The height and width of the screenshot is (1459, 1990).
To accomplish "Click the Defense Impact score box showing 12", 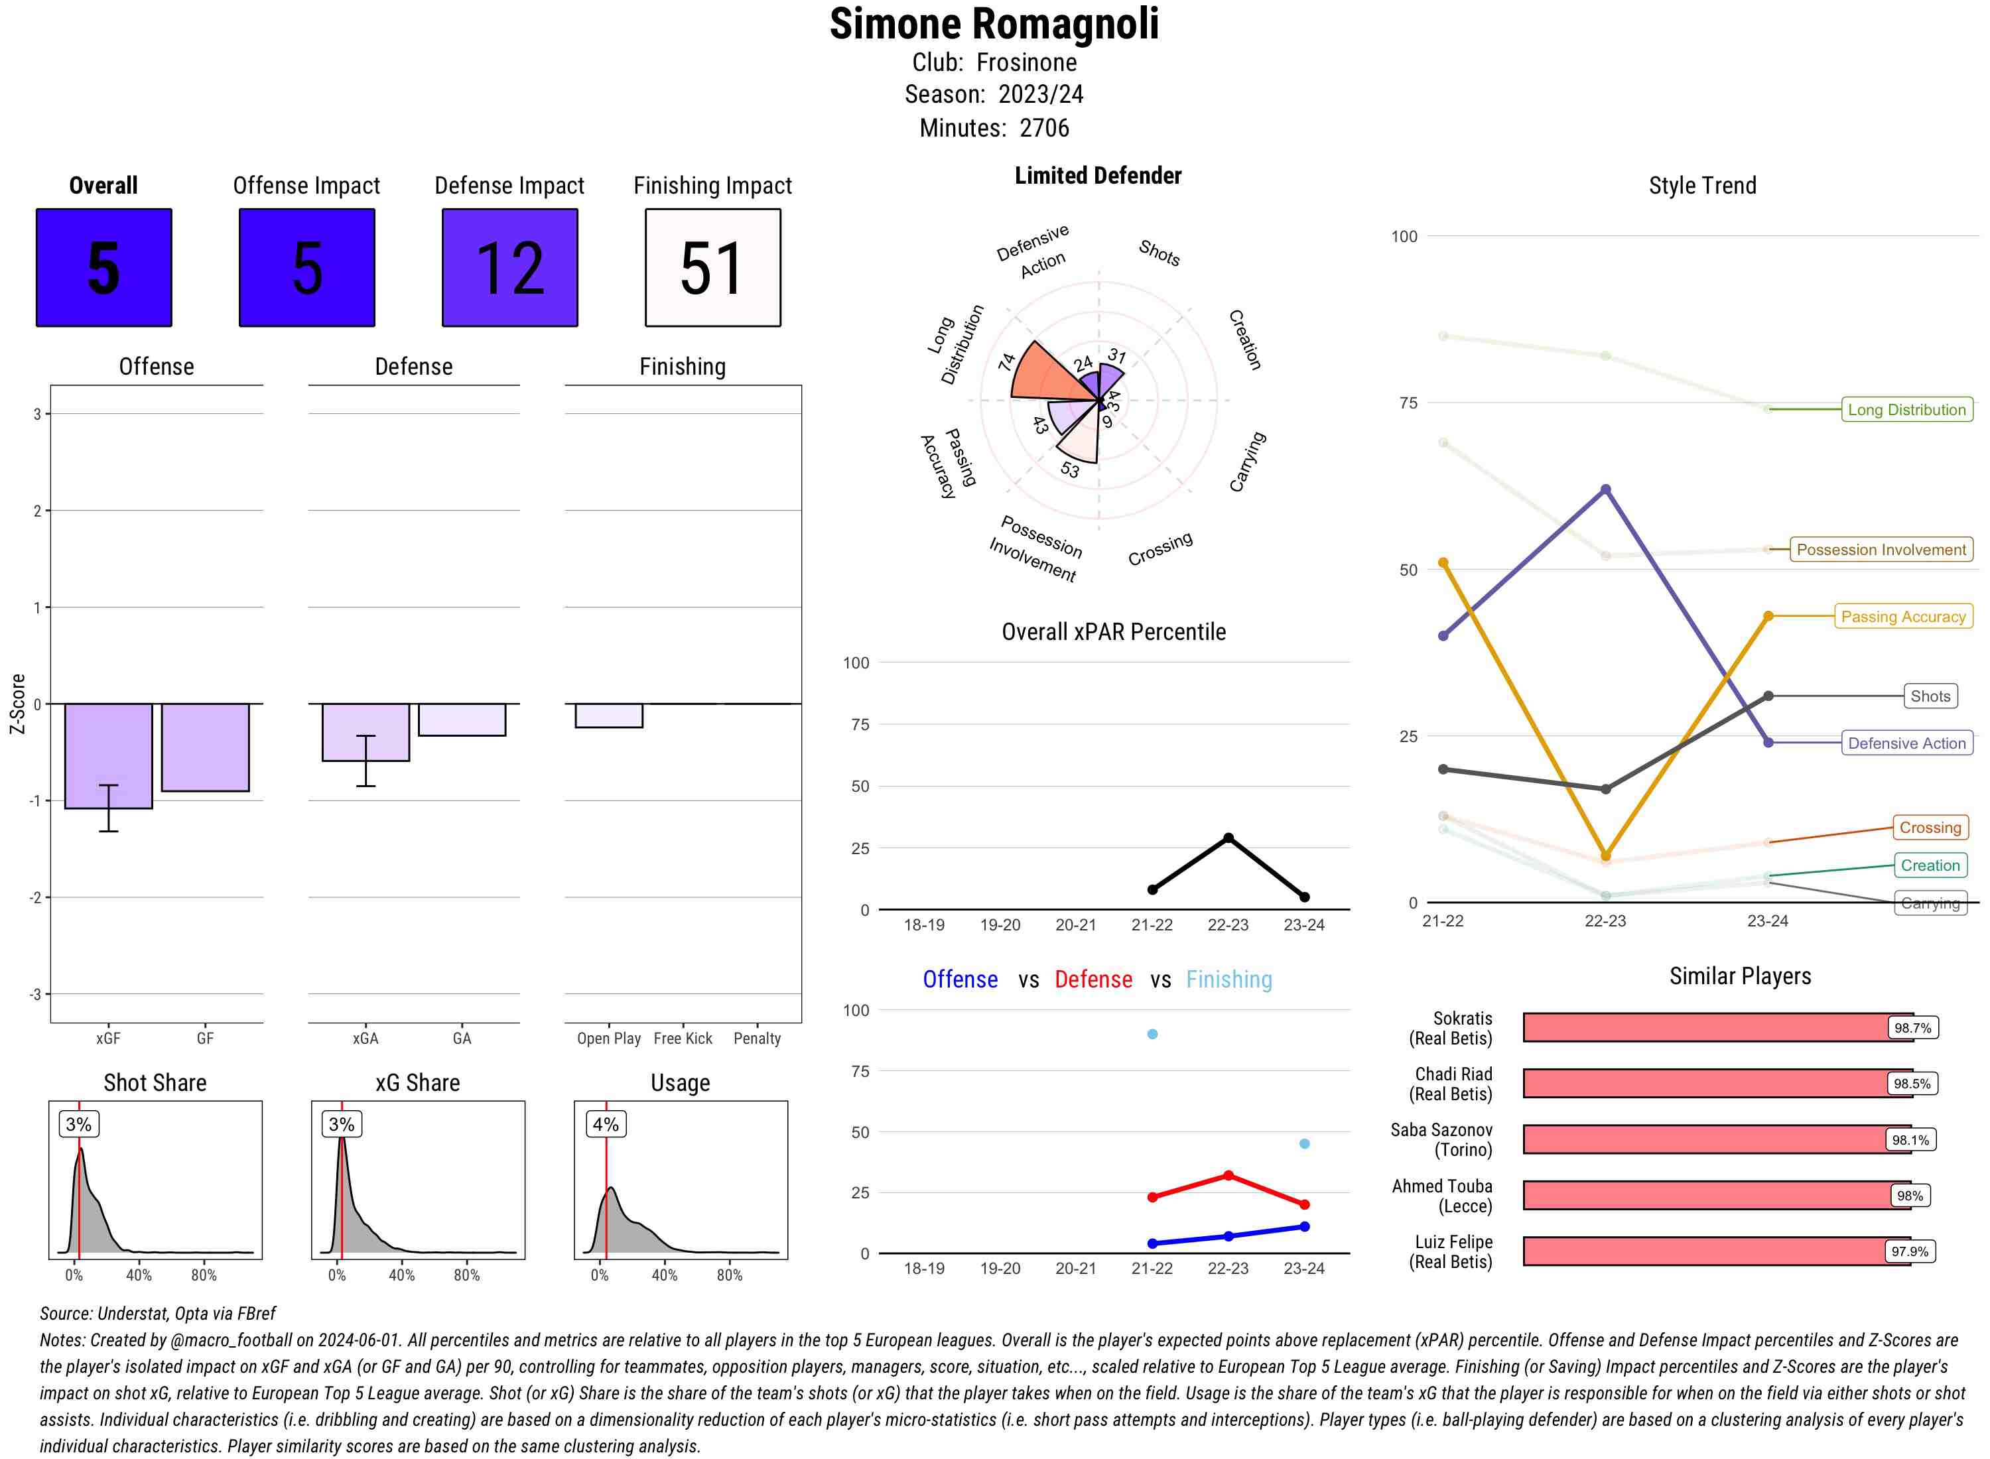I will [509, 268].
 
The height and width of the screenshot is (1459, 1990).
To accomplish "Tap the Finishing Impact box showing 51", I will [713, 268].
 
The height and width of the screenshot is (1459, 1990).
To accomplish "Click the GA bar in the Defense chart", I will [462, 720].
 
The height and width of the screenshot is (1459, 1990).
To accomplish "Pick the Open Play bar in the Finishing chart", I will [608, 716].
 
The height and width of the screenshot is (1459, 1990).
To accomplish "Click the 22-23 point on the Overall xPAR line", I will [1228, 837].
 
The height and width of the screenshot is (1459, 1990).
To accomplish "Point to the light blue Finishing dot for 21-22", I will [1152, 1034].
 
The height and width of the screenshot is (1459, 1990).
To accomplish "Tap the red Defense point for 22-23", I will [1228, 1176].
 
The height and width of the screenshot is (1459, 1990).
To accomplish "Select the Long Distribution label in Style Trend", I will [1906, 410].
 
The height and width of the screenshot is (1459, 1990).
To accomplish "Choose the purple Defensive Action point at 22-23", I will [1605, 489].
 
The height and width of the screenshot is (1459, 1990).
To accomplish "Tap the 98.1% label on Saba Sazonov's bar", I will [1910, 1140].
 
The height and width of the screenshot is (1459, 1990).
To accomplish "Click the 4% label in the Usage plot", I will [605, 1124].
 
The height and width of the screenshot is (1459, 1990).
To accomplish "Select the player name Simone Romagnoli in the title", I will [994, 24].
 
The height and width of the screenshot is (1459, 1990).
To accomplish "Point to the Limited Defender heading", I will [1097, 176].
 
